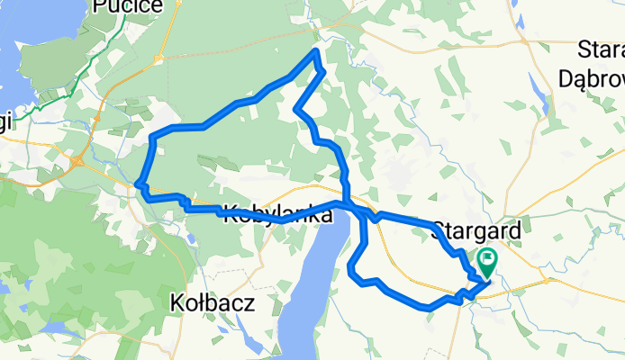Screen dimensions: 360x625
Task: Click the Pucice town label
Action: point(128,7)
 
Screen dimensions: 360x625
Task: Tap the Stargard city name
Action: point(476,230)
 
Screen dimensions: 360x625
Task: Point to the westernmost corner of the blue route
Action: point(138,185)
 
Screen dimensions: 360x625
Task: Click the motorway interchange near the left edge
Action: point(80,162)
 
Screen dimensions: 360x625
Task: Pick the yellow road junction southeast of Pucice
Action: point(159,59)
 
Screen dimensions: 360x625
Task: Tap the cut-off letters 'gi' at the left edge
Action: point(5,126)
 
